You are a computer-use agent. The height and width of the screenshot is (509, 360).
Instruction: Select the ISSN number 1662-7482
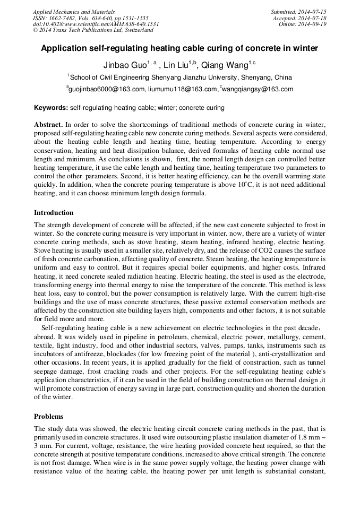tap(65, 18)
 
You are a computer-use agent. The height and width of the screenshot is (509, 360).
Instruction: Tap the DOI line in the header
tap(96, 24)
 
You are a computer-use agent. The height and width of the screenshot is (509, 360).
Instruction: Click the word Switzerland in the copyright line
tap(136, 30)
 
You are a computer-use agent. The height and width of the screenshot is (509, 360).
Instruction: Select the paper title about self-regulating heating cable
tap(179, 48)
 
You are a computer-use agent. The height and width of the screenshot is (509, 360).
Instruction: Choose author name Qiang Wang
tap(225, 65)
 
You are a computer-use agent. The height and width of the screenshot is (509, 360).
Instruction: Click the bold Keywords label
tap(51, 108)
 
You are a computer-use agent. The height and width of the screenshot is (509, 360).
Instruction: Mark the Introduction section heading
tap(54, 213)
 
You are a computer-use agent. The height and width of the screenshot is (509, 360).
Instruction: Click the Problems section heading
tap(48, 416)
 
